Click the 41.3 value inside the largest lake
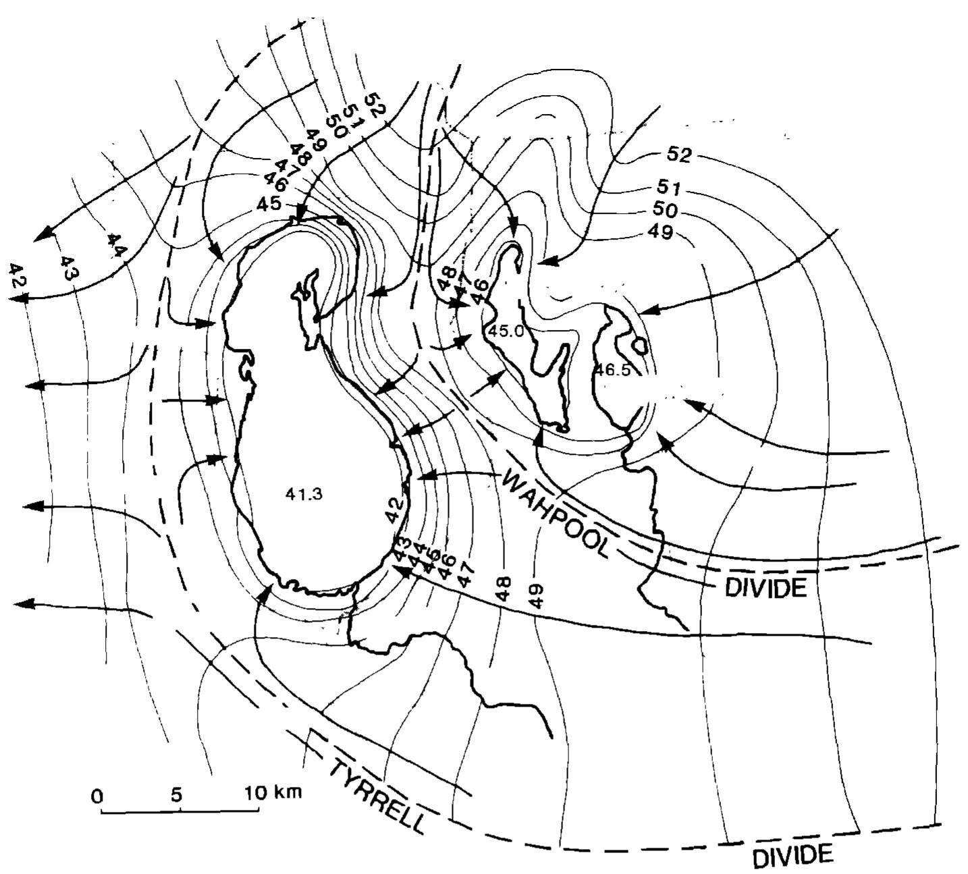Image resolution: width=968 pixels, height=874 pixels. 304,494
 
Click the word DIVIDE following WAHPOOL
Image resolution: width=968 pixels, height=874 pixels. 765,588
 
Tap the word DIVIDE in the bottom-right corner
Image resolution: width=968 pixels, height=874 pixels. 792,856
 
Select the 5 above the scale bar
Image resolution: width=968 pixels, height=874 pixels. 177,794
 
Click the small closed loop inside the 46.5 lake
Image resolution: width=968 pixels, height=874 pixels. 638,346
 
